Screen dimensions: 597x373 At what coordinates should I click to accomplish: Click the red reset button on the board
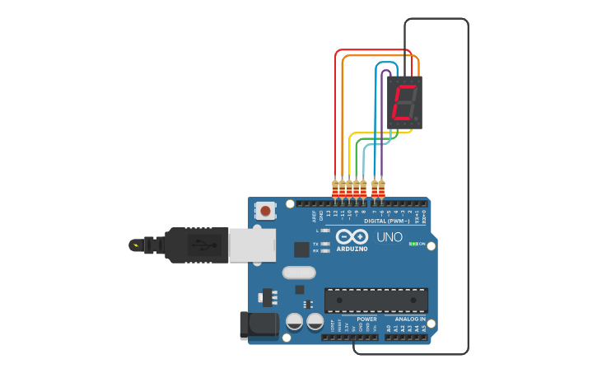click(x=265, y=211)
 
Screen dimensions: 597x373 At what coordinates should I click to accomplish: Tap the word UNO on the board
click(x=389, y=237)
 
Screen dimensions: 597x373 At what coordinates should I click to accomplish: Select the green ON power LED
click(x=412, y=244)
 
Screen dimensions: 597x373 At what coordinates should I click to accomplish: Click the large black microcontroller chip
click(x=375, y=300)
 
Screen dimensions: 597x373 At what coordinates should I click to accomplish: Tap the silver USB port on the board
click(x=251, y=245)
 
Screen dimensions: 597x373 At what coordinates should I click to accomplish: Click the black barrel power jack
click(x=259, y=324)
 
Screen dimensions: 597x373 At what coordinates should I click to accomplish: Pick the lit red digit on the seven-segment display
click(x=403, y=102)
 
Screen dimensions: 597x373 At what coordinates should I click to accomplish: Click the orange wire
click(x=343, y=115)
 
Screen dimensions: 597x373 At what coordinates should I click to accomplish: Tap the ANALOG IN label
click(x=410, y=319)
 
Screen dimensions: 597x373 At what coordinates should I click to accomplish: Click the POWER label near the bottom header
click(x=366, y=319)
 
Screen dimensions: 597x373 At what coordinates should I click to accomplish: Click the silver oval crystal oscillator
click(x=298, y=273)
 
